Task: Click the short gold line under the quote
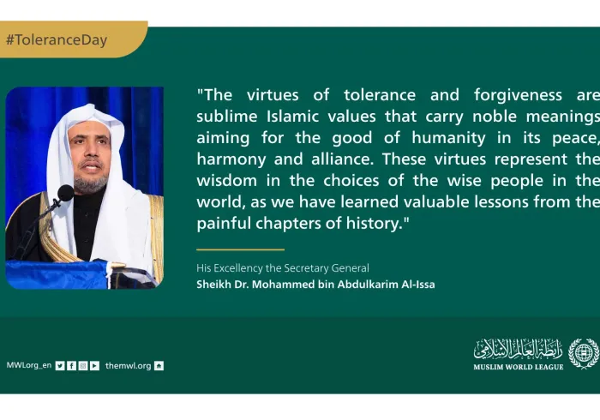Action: click(228, 249)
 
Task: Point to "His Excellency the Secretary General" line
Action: click(283, 268)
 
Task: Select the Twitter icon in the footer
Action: click(60, 365)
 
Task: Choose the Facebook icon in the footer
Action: click(71, 365)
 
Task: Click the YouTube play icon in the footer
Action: click(94, 365)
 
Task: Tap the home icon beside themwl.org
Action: click(159, 365)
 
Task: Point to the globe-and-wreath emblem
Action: click(583, 353)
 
